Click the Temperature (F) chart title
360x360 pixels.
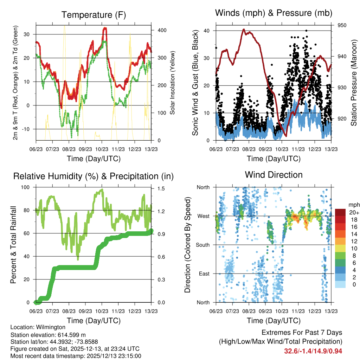94,15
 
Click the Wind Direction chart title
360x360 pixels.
274,175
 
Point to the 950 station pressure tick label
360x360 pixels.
342,25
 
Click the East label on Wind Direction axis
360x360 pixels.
204,274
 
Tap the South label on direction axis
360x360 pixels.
202,245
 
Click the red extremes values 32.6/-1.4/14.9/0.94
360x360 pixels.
313,351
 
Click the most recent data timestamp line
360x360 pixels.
76,356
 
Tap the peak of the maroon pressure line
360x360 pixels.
244,30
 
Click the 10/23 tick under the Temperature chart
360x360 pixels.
102,149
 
